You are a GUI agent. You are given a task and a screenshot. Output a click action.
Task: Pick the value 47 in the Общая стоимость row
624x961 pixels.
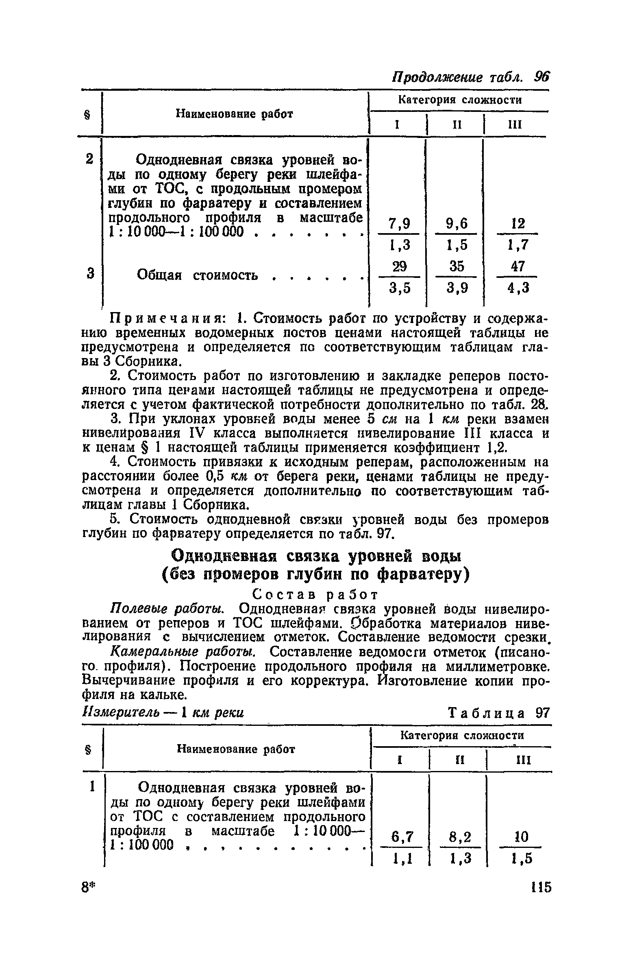point(518,267)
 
